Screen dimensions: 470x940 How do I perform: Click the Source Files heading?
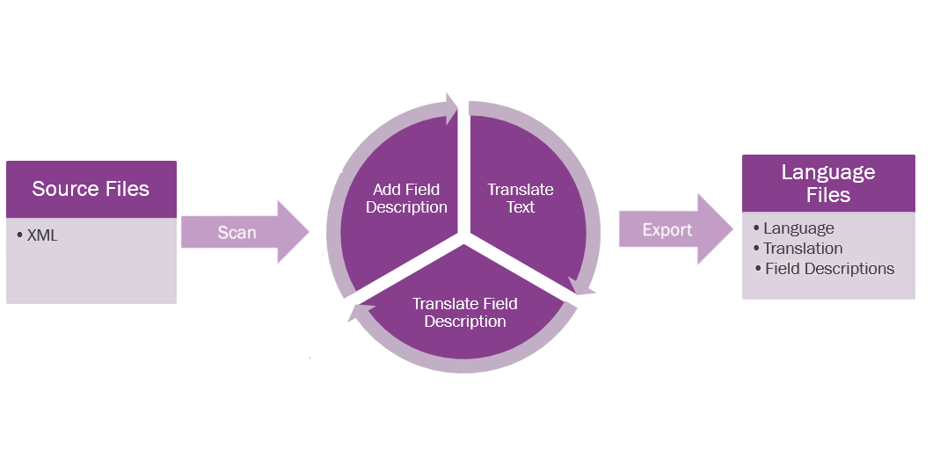coord(91,189)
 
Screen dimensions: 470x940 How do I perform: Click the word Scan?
coord(237,233)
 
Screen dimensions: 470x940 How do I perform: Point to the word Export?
coord(667,230)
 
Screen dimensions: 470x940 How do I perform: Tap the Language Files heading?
coord(828,183)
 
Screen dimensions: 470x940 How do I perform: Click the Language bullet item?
coord(798,228)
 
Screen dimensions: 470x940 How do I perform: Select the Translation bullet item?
coord(802,249)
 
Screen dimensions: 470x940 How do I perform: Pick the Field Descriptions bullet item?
coord(828,269)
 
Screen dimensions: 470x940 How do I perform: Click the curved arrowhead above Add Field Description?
coord(450,109)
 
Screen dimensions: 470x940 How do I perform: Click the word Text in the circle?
coord(521,208)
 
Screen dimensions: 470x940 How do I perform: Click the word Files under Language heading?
coord(828,194)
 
